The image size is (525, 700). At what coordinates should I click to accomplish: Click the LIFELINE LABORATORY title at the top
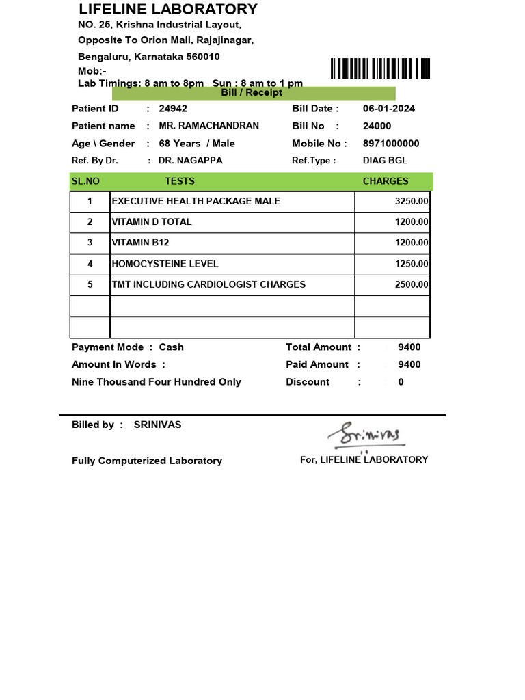pyautogui.click(x=168, y=10)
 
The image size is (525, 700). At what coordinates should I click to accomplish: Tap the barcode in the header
pyautogui.click(x=380, y=69)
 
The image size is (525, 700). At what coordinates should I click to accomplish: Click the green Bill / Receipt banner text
pyautogui.click(x=252, y=93)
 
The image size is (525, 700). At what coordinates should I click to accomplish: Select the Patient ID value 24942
pyautogui.click(x=173, y=109)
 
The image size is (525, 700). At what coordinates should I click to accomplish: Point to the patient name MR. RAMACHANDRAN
pyautogui.click(x=208, y=126)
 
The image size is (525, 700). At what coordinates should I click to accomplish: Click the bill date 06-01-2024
pyautogui.click(x=388, y=109)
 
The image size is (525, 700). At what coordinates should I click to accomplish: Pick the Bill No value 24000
pyautogui.click(x=377, y=126)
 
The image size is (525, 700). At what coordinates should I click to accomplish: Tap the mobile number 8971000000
pyautogui.click(x=391, y=144)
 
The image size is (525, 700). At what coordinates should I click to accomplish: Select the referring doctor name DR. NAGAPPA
pyautogui.click(x=190, y=161)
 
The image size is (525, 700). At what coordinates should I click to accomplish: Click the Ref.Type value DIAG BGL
pyautogui.click(x=385, y=161)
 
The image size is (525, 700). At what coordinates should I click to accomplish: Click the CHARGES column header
pyautogui.click(x=386, y=181)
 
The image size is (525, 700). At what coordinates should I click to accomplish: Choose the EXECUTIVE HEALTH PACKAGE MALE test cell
pyautogui.click(x=196, y=201)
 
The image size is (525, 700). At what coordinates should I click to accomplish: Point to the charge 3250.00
pyautogui.click(x=412, y=202)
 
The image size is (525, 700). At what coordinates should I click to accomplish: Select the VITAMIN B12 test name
pyautogui.click(x=141, y=243)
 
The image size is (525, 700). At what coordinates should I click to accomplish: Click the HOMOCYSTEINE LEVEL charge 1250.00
pyautogui.click(x=412, y=264)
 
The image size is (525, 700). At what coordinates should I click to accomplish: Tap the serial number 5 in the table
pyautogui.click(x=90, y=284)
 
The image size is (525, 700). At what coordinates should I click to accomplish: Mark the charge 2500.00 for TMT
pyautogui.click(x=412, y=285)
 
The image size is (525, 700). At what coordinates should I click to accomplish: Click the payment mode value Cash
pyautogui.click(x=171, y=347)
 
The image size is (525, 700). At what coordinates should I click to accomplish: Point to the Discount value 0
pyautogui.click(x=401, y=382)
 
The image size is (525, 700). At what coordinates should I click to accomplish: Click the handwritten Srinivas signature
pyautogui.click(x=367, y=434)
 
